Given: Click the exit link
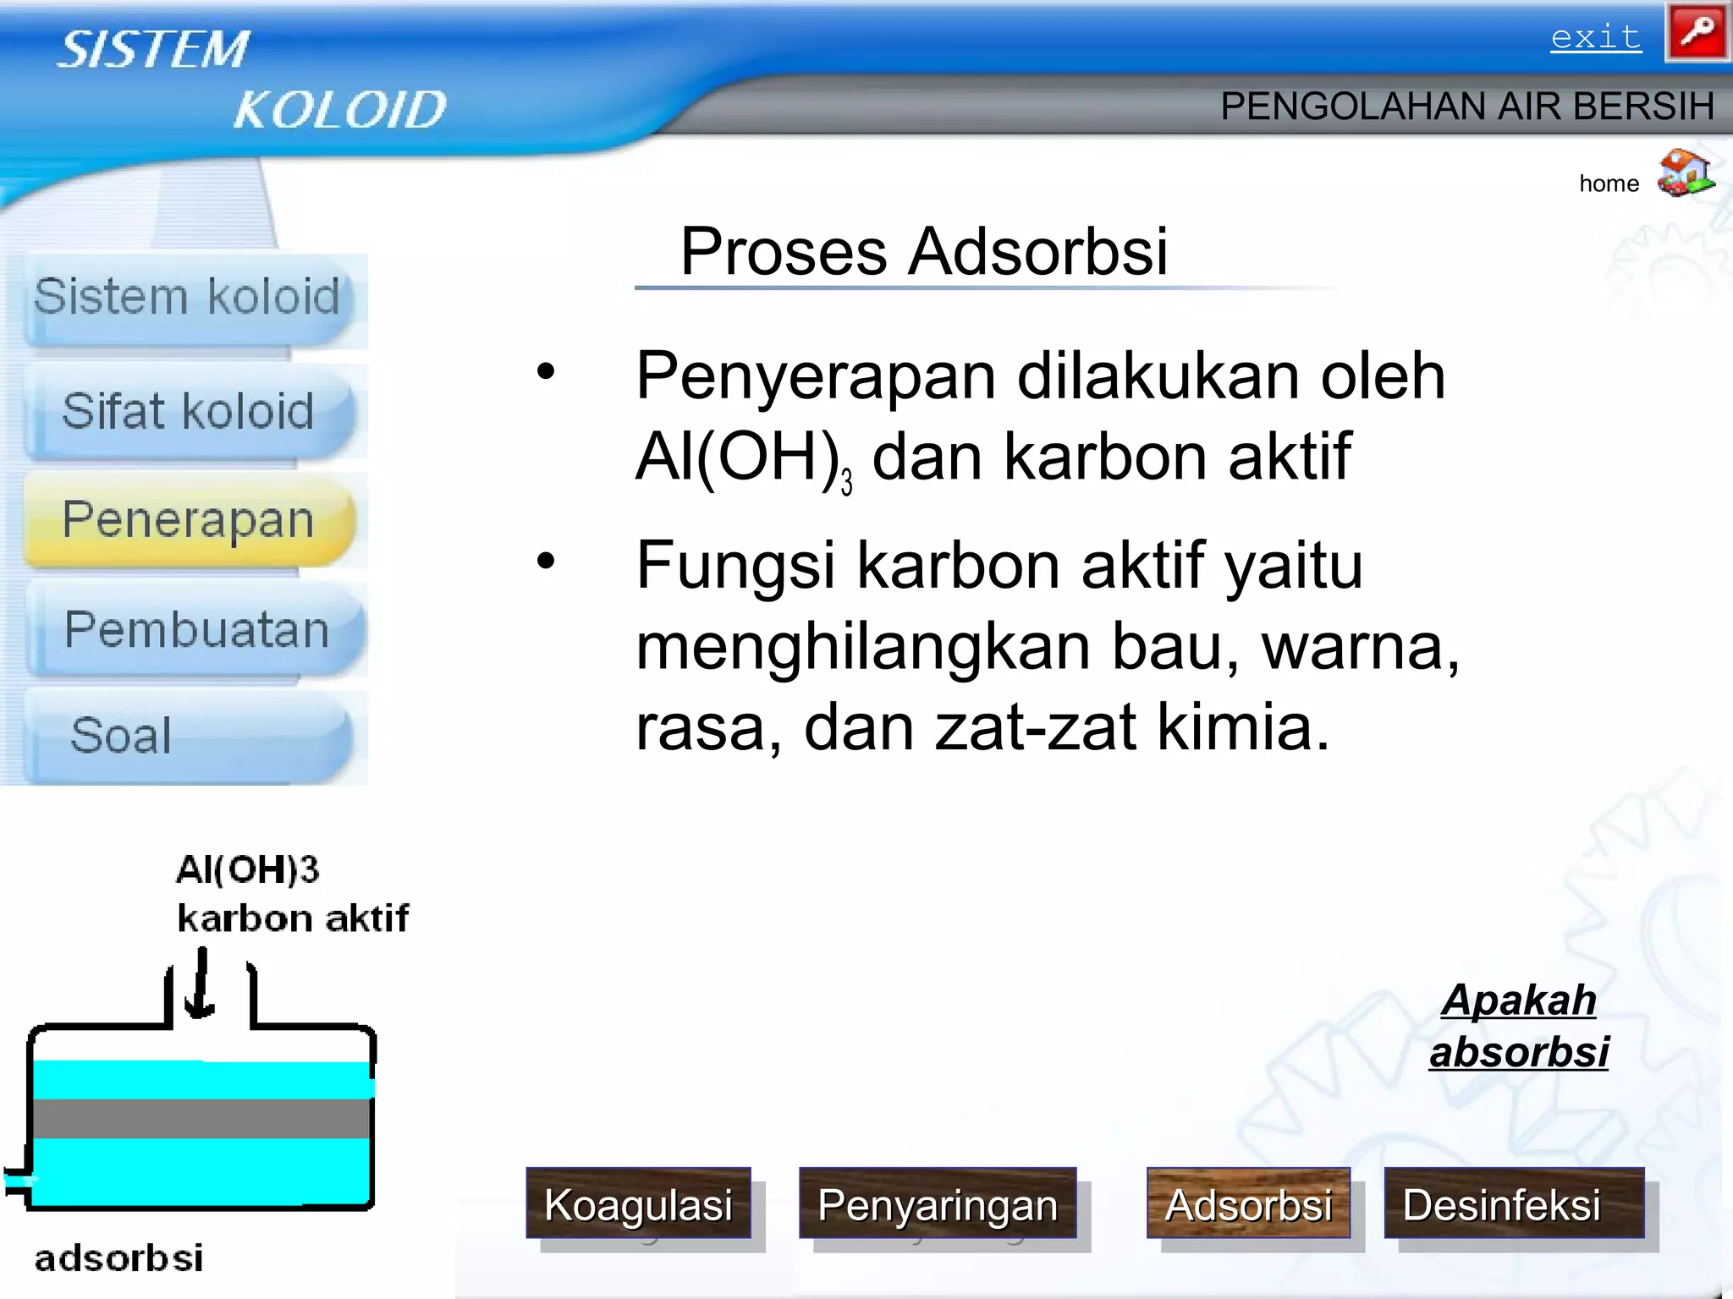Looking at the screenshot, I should coord(1595,37).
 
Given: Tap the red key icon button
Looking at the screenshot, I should coord(1697,33).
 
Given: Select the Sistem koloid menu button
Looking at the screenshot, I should coord(187,298).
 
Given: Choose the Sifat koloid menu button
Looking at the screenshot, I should coord(189,412).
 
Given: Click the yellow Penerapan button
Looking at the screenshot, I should coord(189,519).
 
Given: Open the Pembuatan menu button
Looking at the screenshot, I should coord(196,629).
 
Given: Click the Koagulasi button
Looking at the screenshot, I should coord(638,1203).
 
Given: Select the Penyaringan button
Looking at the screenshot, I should coord(938,1203).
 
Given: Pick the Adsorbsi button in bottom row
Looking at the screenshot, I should coord(1248,1203).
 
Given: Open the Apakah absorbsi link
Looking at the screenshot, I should coord(1519,1026).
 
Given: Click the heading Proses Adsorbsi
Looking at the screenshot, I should coord(924,251).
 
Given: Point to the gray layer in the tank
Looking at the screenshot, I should coord(201,1118).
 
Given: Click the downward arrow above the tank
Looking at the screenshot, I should coord(201,985).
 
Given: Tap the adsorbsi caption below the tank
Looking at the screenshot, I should coord(118,1258).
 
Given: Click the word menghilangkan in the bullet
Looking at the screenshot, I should coord(861,647).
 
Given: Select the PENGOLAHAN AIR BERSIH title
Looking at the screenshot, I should coord(1466,107).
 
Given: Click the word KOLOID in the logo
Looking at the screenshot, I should coord(339,110).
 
